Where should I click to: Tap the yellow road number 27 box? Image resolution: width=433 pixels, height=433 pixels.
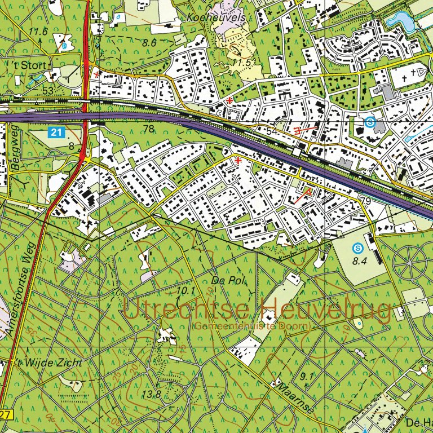click(x=5, y=415)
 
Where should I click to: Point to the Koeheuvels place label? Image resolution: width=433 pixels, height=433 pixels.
click(x=216, y=18)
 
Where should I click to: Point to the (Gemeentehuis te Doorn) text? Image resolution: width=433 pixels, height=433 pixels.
click(x=252, y=326)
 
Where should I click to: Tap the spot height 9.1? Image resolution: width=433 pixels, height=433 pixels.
click(x=307, y=376)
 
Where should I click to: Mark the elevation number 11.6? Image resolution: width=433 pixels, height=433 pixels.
click(x=39, y=32)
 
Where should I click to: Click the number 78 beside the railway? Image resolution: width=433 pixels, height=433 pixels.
click(x=149, y=129)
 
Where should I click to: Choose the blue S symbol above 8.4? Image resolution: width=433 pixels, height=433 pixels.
click(x=357, y=247)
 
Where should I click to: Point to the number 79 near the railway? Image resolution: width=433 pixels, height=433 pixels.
click(x=365, y=201)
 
